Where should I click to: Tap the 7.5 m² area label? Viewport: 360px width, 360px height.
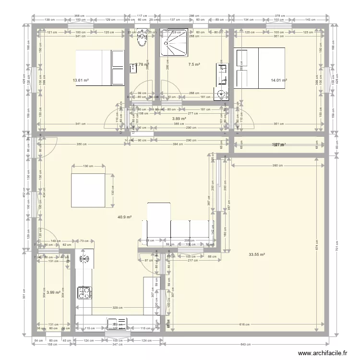tap(194, 64)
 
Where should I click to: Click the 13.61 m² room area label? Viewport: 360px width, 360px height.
tap(81, 80)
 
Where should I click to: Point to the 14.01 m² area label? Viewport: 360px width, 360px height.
tap(278, 80)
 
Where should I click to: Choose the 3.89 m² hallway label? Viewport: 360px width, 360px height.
tap(179, 119)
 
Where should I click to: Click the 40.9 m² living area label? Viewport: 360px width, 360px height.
tap(125, 217)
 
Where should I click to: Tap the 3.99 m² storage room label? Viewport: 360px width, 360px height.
tap(54, 292)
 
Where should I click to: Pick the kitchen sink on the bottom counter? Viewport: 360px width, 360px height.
tap(117, 322)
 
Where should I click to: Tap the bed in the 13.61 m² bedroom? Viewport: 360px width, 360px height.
tap(100, 68)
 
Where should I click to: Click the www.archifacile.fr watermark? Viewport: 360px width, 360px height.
tap(323, 353)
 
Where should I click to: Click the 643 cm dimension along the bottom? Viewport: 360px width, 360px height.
tap(246, 345)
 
